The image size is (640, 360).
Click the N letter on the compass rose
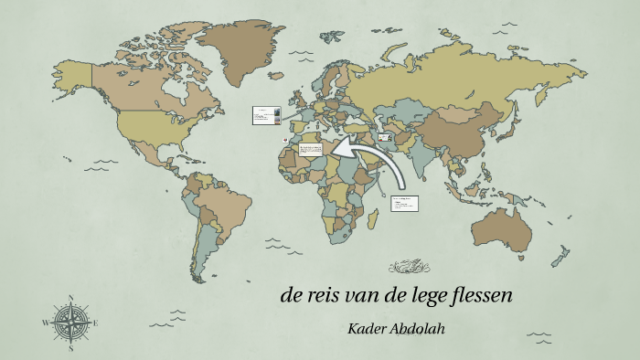point(69,298)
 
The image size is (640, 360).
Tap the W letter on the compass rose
point(45,323)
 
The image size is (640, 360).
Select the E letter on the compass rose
point(94,323)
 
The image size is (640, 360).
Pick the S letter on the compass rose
point(69,348)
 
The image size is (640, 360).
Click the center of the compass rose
point(69,323)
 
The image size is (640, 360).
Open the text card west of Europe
point(265,115)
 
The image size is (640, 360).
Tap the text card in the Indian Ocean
point(403,203)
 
